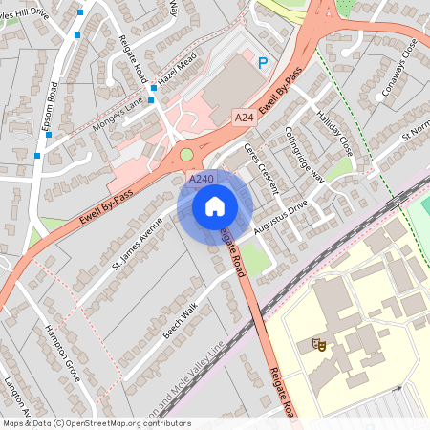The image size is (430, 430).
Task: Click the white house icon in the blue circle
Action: click(215, 206)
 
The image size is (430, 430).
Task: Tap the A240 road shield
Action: click(201, 179)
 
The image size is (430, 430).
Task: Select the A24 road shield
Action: click(244, 117)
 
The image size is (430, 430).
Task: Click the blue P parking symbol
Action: click(263, 63)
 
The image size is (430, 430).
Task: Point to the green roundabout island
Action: click(185, 154)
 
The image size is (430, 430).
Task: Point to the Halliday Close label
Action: click(332, 132)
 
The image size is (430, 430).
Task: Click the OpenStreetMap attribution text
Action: click(96, 423)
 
